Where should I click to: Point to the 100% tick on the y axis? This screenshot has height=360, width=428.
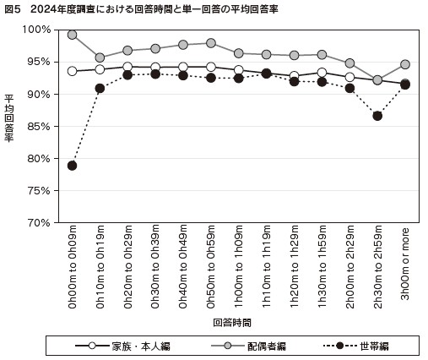click(x=39, y=30)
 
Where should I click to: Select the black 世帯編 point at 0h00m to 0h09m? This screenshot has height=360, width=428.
click(x=73, y=166)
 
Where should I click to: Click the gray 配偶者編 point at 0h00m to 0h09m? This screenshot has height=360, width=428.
click(x=73, y=35)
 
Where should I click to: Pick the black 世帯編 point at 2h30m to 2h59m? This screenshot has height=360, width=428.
click(x=377, y=116)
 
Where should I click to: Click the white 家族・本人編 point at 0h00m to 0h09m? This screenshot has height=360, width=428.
click(x=73, y=71)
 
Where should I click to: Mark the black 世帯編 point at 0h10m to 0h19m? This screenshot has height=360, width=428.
click(x=100, y=88)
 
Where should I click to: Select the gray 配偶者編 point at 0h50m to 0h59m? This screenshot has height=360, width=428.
click(x=211, y=43)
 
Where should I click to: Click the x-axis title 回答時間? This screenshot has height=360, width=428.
click(x=231, y=322)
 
